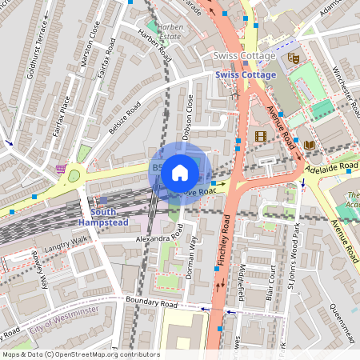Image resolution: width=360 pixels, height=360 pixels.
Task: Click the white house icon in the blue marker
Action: tap(180, 172)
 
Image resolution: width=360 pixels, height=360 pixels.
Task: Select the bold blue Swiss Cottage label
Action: tap(246, 75)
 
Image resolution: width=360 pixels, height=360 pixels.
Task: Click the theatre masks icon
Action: tap(294, 58)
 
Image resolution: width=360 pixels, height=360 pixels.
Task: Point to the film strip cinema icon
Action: tap(260, 136)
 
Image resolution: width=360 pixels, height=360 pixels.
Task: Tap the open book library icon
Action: tap(309, 144)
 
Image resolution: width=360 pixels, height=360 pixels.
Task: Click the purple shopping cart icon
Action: tap(62, 169)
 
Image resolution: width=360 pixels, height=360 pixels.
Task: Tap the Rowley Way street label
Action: tap(40, 270)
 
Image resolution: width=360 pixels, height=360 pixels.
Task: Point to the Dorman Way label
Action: tap(190, 256)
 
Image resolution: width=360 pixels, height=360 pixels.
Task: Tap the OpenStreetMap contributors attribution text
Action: tap(80, 354)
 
